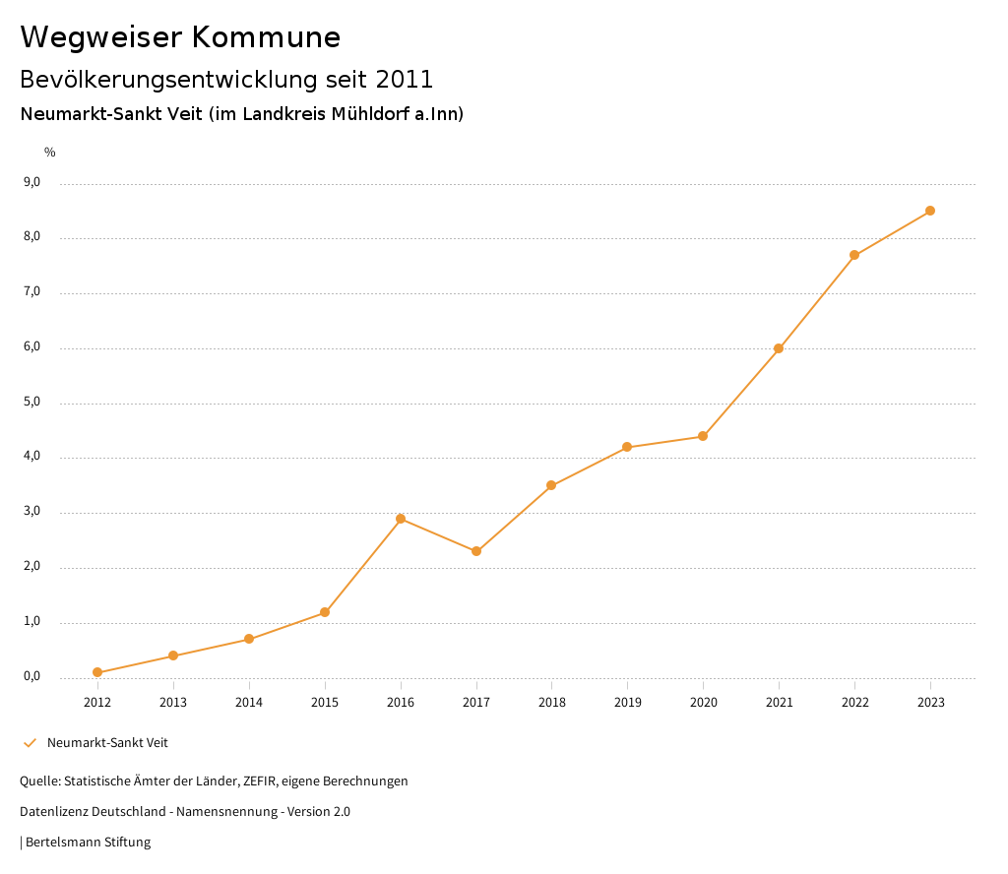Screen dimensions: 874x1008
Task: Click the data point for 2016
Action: (401, 519)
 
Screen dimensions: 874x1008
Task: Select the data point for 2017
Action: (476, 551)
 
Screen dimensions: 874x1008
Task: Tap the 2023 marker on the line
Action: (930, 211)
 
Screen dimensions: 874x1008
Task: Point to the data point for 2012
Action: (97, 672)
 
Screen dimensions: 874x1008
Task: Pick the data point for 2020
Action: (703, 436)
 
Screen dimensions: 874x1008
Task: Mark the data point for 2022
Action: (854, 255)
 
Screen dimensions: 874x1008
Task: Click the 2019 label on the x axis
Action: (627, 702)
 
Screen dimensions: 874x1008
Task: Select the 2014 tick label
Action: (249, 702)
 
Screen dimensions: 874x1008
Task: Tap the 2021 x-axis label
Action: (779, 702)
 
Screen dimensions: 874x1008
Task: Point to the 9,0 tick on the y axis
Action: (31, 182)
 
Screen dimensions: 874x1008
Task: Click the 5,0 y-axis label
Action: (31, 402)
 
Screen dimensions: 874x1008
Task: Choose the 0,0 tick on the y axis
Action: (31, 676)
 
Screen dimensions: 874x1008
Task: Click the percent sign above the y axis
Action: (50, 153)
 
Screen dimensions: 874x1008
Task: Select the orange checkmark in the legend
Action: (30, 743)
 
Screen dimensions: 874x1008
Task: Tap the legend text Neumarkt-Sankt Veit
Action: (107, 743)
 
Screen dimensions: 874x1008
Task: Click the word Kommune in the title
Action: (266, 37)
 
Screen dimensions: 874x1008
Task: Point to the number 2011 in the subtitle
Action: (404, 79)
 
